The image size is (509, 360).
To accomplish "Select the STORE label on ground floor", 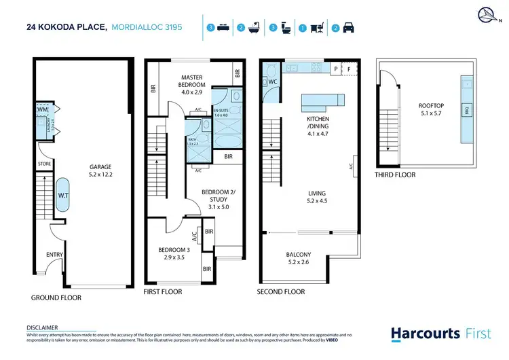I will click(44, 164).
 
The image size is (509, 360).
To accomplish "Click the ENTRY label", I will click(54, 255).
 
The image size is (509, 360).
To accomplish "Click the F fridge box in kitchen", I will click(349, 69).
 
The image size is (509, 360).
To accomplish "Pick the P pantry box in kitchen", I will click(335, 69).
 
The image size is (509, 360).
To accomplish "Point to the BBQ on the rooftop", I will click(466, 110).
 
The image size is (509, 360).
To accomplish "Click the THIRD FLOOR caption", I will click(395, 175).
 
